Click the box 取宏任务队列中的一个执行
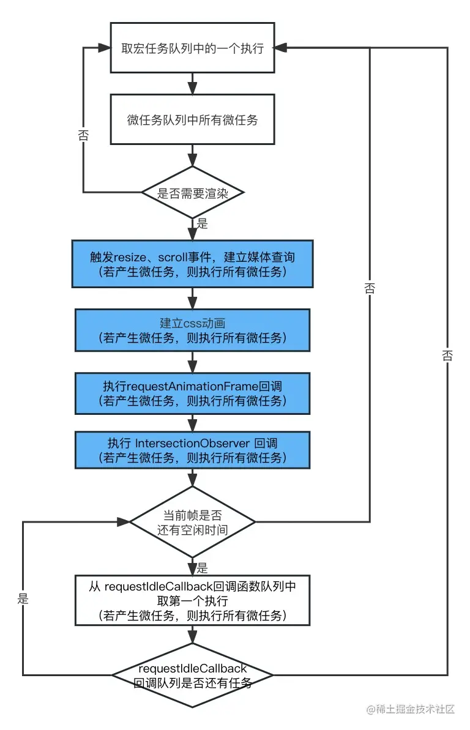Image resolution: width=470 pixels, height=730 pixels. click(x=192, y=48)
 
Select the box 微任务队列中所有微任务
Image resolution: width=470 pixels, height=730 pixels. click(x=192, y=119)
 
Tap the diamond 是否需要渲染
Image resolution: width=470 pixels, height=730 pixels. click(x=192, y=193)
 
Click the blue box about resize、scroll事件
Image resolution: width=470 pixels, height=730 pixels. click(x=192, y=263)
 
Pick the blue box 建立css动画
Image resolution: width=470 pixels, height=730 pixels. click(x=192, y=330)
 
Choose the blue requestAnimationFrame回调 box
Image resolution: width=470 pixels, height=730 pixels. click(x=192, y=393)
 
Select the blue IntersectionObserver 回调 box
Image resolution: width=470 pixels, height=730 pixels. click(x=192, y=450)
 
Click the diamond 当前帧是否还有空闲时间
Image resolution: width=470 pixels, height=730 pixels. click(x=192, y=522)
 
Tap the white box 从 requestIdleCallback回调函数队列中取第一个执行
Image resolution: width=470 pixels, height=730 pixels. click(x=192, y=600)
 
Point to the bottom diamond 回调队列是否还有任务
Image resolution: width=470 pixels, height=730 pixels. click(x=192, y=675)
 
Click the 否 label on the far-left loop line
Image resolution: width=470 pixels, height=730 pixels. click(x=83, y=136)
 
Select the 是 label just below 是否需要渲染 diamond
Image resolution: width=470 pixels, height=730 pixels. click(x=203, y=224)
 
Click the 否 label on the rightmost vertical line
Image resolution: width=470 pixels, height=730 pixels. click(x=447, y=355)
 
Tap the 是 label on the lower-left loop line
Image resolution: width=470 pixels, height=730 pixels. click(x=23, y=598)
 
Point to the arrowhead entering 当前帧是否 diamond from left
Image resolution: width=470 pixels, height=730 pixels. click(x=122, y=522)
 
